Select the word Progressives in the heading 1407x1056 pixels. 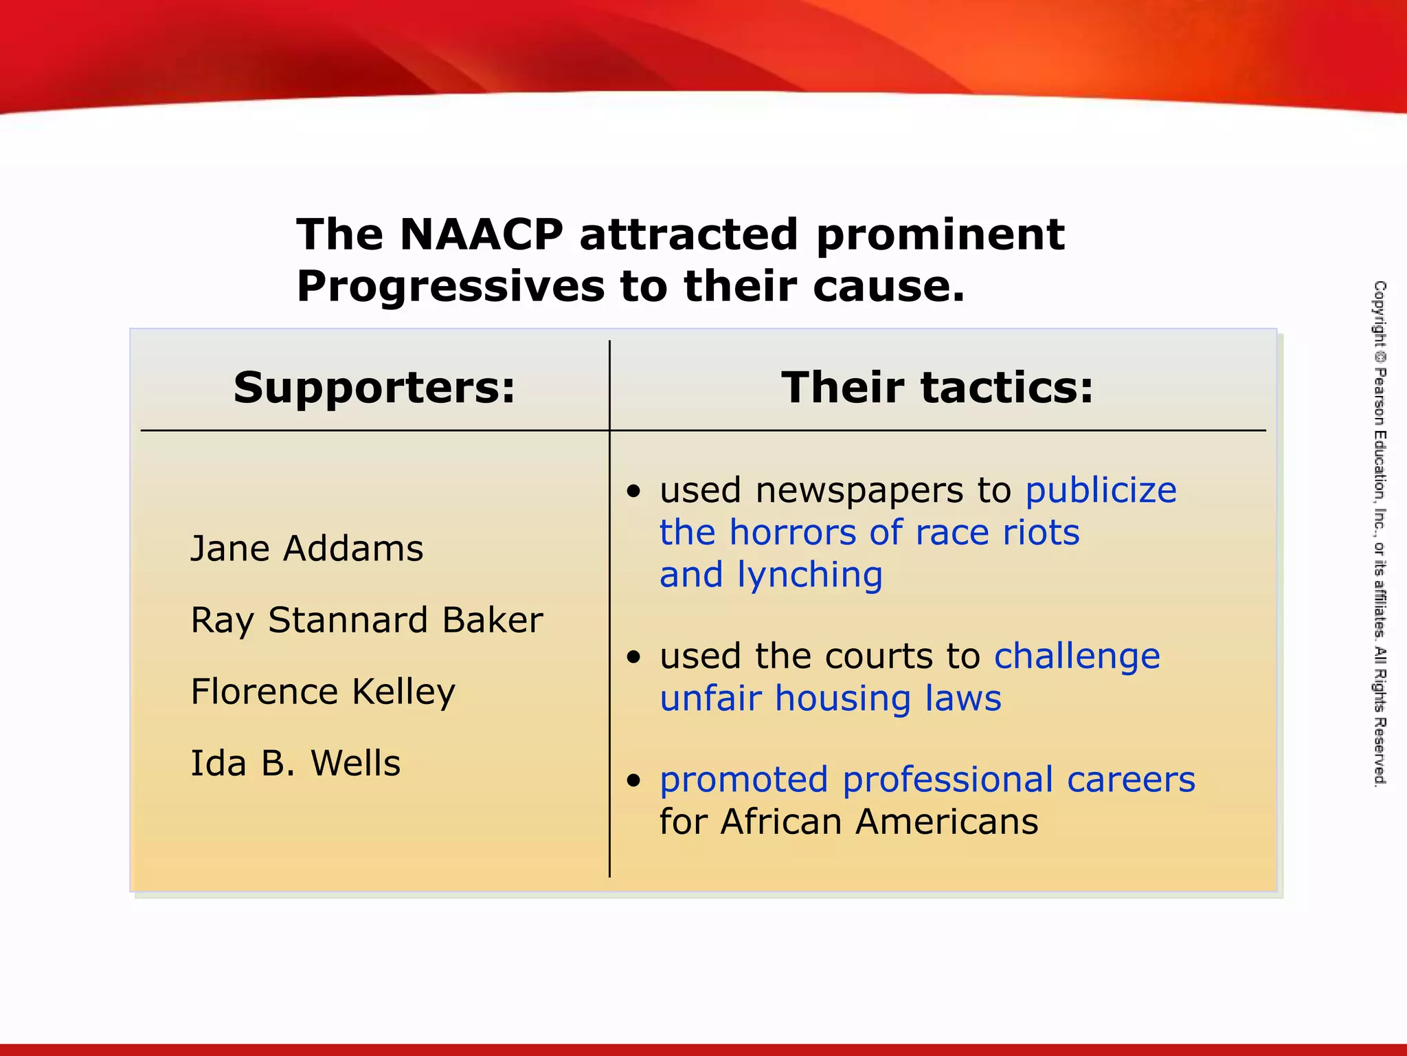[x=450, y=287]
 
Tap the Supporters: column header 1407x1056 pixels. [x=374, y=388]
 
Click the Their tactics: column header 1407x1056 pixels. [x=937, y=388]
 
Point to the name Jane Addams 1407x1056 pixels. [x=306, y=549]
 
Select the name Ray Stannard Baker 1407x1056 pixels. [x=366, y=621]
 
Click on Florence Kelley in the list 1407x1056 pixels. [x=323, y=692]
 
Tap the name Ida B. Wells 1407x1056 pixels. [x=295, y=764]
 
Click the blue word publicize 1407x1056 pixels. [x=1101, y=492]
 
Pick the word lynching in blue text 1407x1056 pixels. [x=809, y=575]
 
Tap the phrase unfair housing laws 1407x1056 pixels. [x=830, y=699]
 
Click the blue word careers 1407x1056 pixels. [x=1131, y=780]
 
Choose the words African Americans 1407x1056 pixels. [x=879, y=822]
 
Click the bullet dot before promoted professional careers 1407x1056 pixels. [x=633, y=780]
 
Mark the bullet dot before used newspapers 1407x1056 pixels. [x=633, y=492]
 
